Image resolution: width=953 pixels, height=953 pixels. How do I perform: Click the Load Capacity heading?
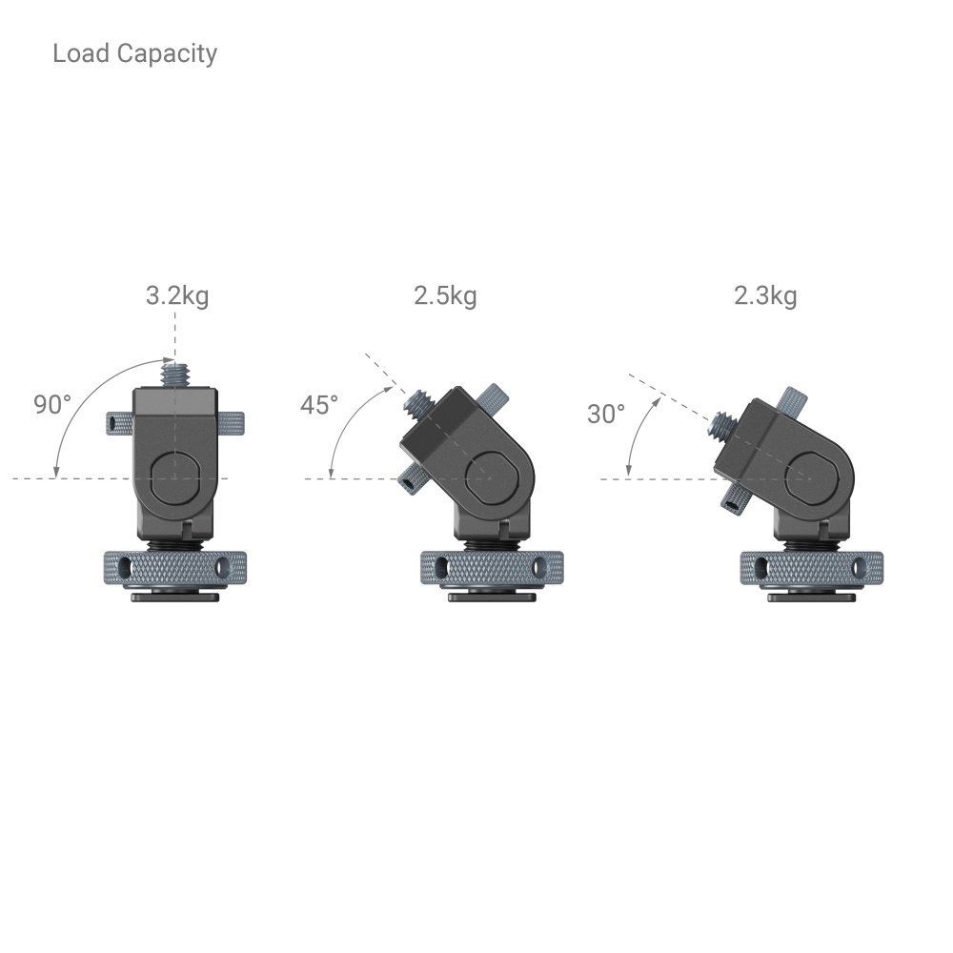click(x=134, y=53)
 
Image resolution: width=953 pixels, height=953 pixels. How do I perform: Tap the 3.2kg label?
click(x=176, y=295)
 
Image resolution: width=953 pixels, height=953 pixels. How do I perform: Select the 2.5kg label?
click(x=445, y=295)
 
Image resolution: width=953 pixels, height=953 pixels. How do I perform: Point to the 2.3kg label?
click(x=764, y=295)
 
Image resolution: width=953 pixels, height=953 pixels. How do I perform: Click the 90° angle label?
click(x=52, y=404)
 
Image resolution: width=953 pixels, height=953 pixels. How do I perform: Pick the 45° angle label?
click(x=319, y=405)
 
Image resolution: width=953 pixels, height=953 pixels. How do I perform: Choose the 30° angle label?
click(x=606, y=414)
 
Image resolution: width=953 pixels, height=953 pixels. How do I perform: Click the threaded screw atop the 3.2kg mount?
click(x=174, y=372)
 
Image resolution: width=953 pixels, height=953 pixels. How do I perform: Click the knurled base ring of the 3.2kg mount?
click(x=173, y=568)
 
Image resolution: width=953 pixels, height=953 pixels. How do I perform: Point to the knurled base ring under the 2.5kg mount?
click(x=492, y=568)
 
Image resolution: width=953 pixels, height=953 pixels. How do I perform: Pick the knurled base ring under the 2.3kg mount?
click(x=812, y=568)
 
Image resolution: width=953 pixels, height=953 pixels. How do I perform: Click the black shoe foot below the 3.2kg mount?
click(x=174, y=598)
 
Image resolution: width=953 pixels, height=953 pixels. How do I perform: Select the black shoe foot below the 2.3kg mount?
click(x=812, y=598)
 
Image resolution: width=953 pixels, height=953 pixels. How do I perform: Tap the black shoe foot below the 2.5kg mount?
click(x=492, y=598)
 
